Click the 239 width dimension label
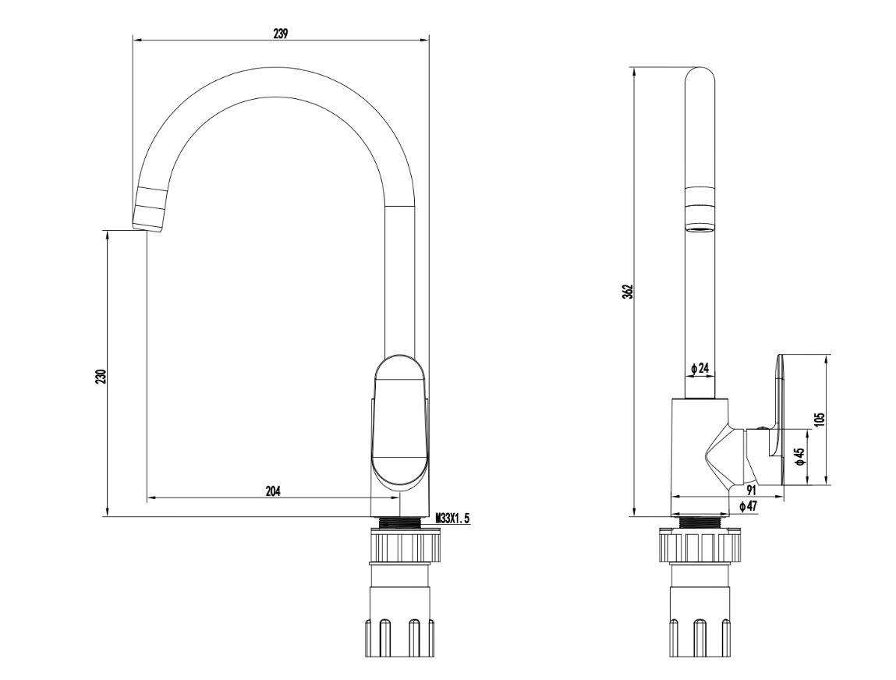point(280,34)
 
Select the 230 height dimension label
point(101,377)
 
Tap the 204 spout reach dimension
point(273,491)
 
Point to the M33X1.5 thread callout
point(452,519)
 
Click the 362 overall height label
point(629,292)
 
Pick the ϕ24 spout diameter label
point(699,369)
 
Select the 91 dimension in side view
point(751,491)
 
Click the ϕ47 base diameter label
point(747,506)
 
